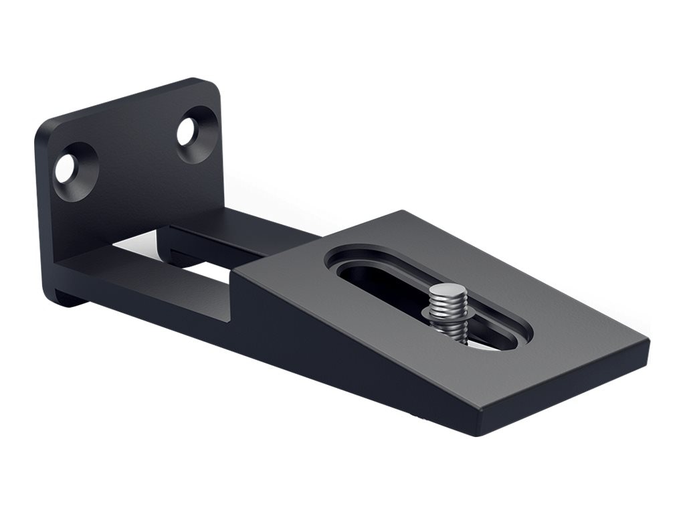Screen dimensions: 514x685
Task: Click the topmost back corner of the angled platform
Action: click(x=403, y=213)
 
